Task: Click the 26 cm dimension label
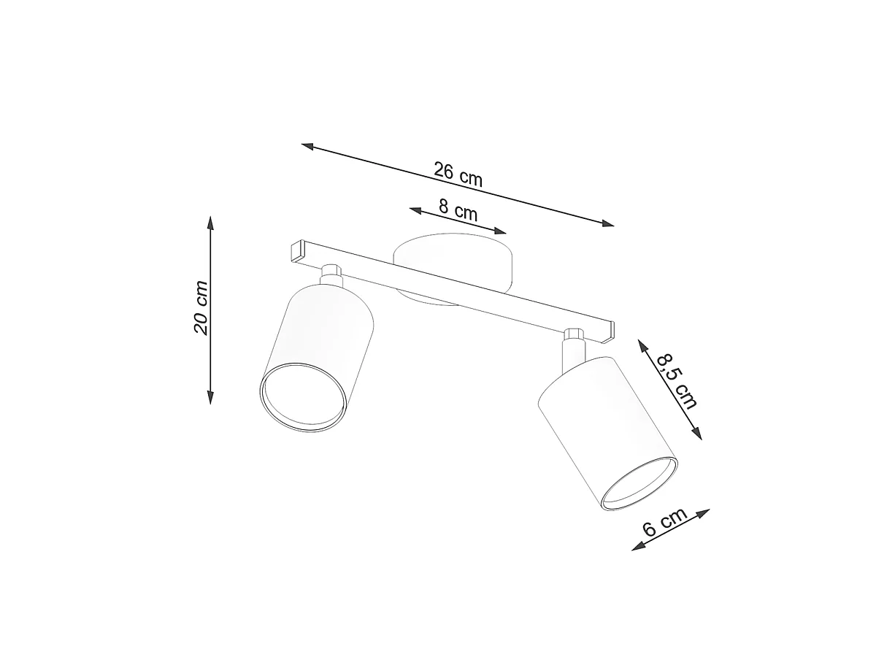[x=458, y=174]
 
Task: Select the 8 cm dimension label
[x=458, y=210]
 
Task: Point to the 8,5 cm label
[x=677, y=381]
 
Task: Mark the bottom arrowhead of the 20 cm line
[x=210, y=397]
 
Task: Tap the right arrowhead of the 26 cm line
[x=607, y=223]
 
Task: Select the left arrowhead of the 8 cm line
[x=416, y=210]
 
